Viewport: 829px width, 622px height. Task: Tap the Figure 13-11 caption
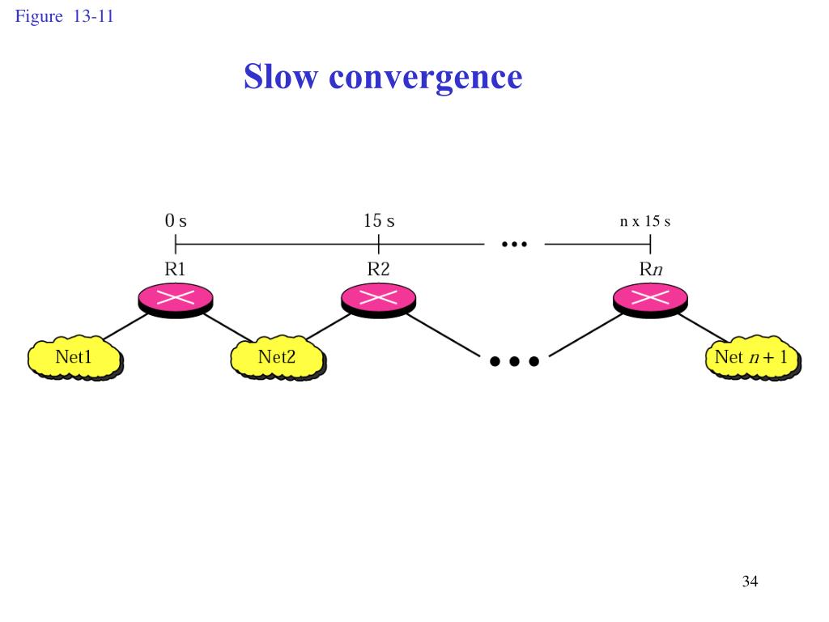(x=64, y=16)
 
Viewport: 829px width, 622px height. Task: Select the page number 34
(x=750, y=581)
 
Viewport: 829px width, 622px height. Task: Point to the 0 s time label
(x=176, y=220)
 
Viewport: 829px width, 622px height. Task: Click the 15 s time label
(x=379, y=220)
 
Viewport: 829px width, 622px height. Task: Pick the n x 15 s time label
(x=645, y=221)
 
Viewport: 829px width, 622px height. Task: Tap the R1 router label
(x=176, y=270)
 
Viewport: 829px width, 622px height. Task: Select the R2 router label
(x=379, y=270)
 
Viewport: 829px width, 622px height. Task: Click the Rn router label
(x=651, y=270)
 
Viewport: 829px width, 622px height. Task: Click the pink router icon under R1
(x=176, y=298)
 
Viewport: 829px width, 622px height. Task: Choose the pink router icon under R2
(x=379, y=298)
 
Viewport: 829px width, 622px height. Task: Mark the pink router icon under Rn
(x=651, y=298)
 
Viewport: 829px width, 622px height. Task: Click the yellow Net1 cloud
(x=74, y=357)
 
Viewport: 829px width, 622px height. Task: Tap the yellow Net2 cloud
(x=277, y=357)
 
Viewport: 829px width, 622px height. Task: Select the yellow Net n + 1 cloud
(x=752, y=357)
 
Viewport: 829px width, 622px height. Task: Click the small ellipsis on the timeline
(x=514, y=242)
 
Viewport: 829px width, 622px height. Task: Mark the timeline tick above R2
(x=379, y=243)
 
